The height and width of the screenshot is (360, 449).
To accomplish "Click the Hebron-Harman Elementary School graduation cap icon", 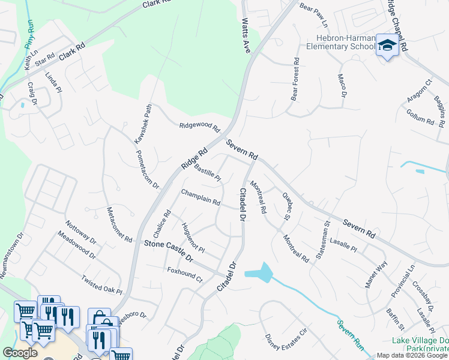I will tap(387, 46).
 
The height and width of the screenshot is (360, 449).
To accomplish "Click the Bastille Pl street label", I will tap(208, 172).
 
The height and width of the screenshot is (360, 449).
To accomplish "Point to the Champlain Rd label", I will tap(200, 197).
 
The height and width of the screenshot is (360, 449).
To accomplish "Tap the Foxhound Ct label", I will tap(185, 274).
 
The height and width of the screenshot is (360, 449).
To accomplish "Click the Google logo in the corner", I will tap(20, 353).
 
